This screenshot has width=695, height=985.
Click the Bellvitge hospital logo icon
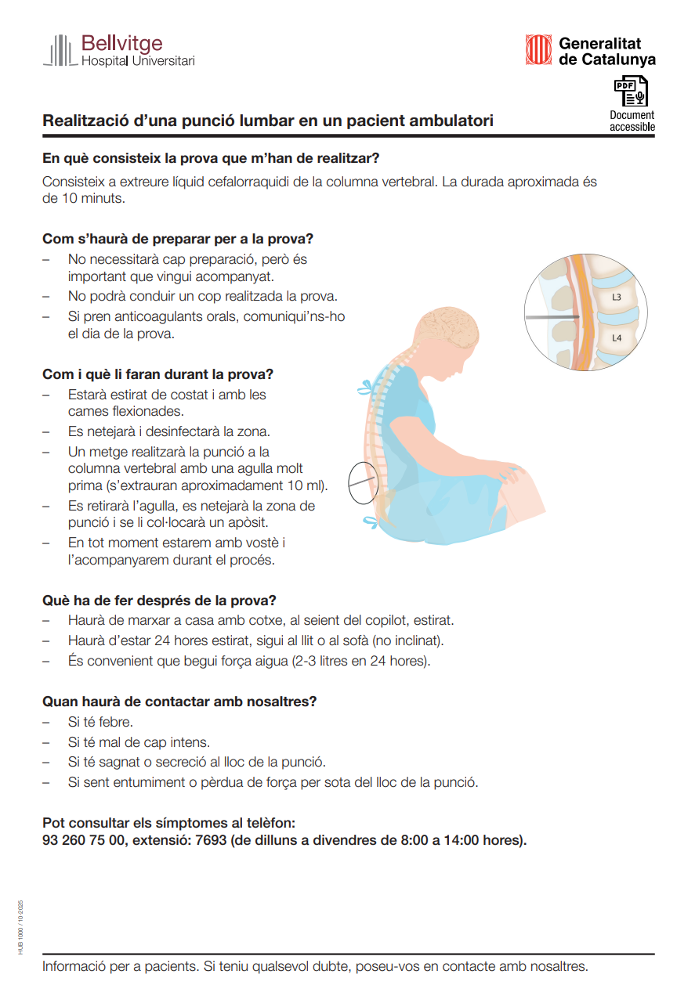pyautogui.click(x=62, y=51)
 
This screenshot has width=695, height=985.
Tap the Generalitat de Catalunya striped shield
pyautogui.click(x=538, y=50)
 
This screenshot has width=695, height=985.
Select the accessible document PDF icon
pyautogui.click(x=631, y=92)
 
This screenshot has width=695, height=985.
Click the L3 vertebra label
pyautogui.click(x=617, y=298)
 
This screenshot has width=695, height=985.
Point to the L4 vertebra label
pyautogui.click(x=617, y=338)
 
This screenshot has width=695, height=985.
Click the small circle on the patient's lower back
pyautogui.click(x=363, y=482)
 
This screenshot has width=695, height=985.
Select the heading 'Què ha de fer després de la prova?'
pyautogui.click(x=159, y=601)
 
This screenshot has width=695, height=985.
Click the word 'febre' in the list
pyautogui.click(x=116, y=722)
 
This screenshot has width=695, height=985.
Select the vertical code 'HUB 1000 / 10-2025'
pyautogui.click(x=21, y=926)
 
